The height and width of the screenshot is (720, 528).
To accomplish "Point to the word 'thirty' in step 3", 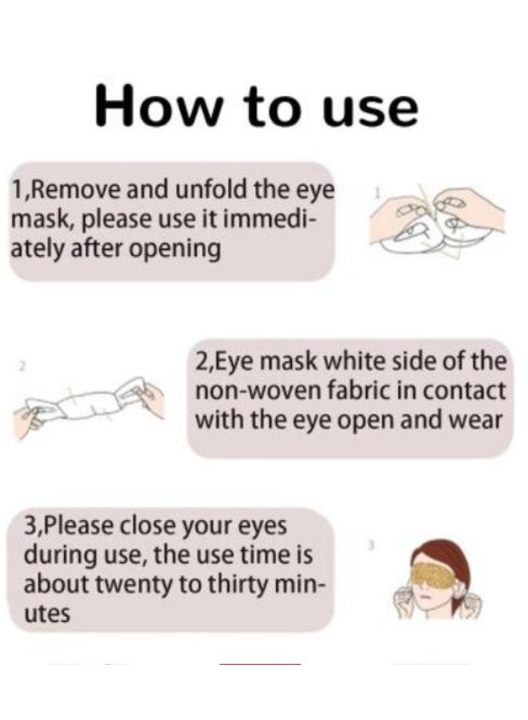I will pyautogui.click(x=236, y=584).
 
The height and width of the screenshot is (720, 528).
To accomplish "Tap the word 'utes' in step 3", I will pyautogui.click(x=46, y=614).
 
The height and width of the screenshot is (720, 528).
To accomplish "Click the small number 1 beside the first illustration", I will pyautogui.click(x=378, y=193).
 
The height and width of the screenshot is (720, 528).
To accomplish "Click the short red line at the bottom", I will pyautogui.click(x=260, y=664).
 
